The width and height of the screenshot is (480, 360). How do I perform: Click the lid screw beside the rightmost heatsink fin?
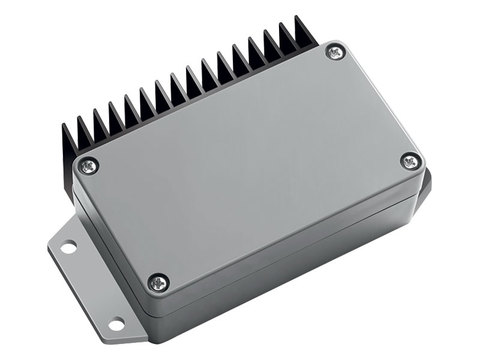[335, 51]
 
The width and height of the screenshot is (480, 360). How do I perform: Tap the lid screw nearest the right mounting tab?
[410, 160]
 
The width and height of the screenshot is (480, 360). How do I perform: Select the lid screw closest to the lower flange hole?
[157, 283]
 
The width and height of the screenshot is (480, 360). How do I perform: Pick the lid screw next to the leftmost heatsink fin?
[89, 165]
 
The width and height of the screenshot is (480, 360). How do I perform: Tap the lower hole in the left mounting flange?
[116, 323]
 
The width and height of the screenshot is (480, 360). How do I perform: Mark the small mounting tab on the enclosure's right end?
[424, 186]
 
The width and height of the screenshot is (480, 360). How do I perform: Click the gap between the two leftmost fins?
[78, 134]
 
